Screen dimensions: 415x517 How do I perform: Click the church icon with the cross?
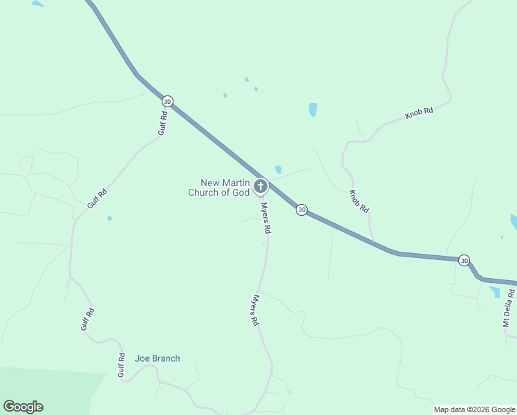pyautogui.click(x=261, y=185)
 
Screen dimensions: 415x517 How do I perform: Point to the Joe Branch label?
pyautogui.click(x=157, y=358)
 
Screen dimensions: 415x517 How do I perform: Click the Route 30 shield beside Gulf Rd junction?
pyautogui.click(x=167, y=101)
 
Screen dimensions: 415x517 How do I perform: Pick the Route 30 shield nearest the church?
pyautogui.click(x=301, y=209)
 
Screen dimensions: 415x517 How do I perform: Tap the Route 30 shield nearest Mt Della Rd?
pyautogui.click(x=464, y=260)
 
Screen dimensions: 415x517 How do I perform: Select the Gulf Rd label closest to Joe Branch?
pyautogui.click(x=121, y=365)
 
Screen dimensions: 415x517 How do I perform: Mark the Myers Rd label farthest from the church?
pyautogui.click(x=255, y=311)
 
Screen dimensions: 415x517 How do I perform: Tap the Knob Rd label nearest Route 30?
pyautogui.click(x=359, y=201)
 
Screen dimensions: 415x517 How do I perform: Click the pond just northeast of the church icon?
pyautogui.click(x=278, y=169)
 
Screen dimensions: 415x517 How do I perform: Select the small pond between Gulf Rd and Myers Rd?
pyautogui.click(x=109, y=219)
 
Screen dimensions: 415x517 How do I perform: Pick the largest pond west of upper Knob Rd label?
pyautogui.click(x=313, y=109)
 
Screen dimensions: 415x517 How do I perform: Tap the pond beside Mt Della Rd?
pyautogui.click(x=495, y=292)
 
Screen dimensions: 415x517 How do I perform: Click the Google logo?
pyautogui.click(x=23, y=407)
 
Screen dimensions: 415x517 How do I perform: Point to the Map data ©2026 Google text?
pyautogui.click(x=474, y=409)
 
